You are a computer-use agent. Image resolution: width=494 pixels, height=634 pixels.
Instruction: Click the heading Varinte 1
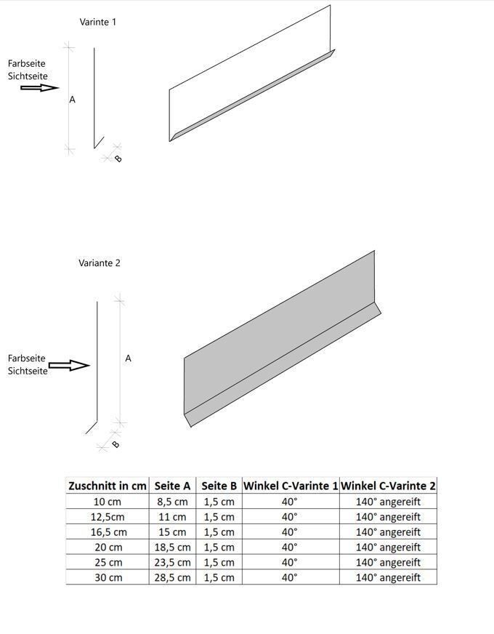click(x=97, y=22)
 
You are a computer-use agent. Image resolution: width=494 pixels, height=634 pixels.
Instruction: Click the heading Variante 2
click(x=100, y=263)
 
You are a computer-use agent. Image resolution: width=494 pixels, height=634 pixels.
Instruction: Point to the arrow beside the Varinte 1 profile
click(x=39, y=87)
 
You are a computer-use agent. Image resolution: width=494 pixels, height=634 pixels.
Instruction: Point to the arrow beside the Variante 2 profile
click(x=68, y=365)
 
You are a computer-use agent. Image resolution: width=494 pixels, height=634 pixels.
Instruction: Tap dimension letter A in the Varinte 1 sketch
click(x=72, y=100)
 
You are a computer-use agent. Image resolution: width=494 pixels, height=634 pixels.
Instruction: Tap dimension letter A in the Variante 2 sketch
click(x=129, y=358)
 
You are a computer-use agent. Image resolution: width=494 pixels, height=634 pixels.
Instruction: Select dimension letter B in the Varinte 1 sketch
click(x=118, y=158)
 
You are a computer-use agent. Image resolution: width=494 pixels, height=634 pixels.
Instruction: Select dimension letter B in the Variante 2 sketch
click(x=115, y=444)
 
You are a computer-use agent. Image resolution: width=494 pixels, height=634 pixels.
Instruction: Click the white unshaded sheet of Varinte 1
click(x=247, y=80)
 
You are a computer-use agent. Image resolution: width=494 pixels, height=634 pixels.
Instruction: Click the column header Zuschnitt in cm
click(x=108, y=486)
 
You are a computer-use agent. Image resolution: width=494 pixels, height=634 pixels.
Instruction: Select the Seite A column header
click(x=172, y=486)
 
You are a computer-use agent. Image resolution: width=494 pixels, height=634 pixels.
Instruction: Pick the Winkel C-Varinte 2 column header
click(x=388, y=486)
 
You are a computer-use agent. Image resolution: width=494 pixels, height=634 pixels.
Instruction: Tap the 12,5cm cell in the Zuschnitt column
click(x=108, y=517)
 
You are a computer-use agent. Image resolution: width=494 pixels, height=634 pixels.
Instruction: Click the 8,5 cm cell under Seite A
click(x=172, y=502)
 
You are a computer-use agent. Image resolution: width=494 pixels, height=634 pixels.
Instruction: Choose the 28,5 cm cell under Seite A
click(x=172, y=577)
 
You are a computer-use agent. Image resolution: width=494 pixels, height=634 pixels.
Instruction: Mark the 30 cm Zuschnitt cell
click(x=108, y=577)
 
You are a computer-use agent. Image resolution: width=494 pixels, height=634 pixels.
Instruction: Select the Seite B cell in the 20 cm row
click(x=219, y=547)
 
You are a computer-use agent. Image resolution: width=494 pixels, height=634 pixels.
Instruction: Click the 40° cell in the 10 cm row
click(x=289, y=502)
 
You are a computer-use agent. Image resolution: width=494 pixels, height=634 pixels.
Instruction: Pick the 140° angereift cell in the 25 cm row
click(x=388, y=563)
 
